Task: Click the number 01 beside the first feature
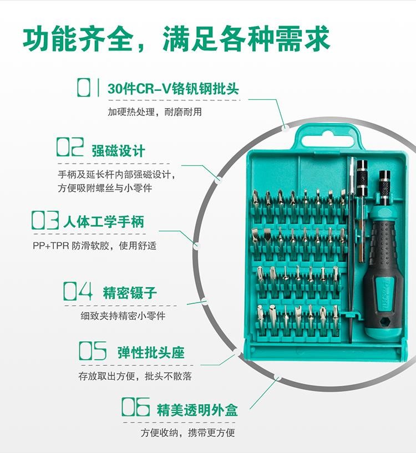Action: pyautogui.click(x=88, y=88)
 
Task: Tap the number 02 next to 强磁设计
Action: pyautogui.click(x=70, y=147)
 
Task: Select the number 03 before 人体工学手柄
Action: pyautogui.click(x=45, y=220)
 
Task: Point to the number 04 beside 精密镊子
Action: pyautogui.click(x=78, y=291)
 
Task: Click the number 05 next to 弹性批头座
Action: pyautogui.click(x=93, y=351)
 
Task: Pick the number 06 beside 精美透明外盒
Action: pyautogui.click(x=135, y=407)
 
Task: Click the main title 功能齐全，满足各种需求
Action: pyautogui.click(x=176, y=39)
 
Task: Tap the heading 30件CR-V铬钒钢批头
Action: pyautogui.click(x=173, y=88)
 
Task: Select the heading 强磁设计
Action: pyautogui.click(x=118, y=151)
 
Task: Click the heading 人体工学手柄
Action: pyautogui.click(x=104, y=222)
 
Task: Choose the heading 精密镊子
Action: pyautogui.click(x=130, y=293)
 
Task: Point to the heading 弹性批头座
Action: pyautogui.click(x=151, y=353)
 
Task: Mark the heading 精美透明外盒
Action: pyautogui.click(x=197, y=410)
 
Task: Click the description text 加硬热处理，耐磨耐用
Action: pyautogui.click(x=155, y=112)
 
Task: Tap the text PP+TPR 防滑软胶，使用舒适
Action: pyautogui.click(x=94, y=246)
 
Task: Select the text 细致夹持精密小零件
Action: pyautogui.click(x=123, y=316)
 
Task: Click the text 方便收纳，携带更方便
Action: pyautogui.click(x=187, y=432)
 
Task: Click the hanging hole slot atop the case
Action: pyautogui.click(x=328, y=140)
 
